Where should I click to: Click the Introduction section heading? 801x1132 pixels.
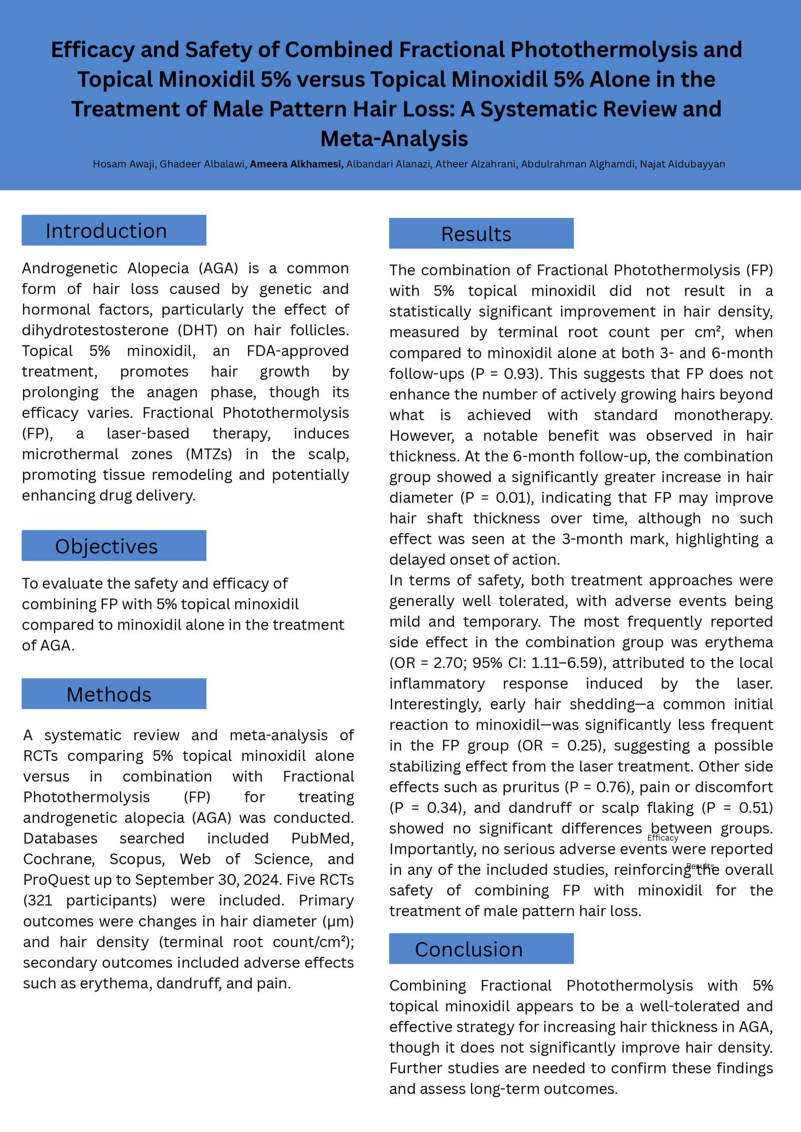pyautogui.click(x=106, y=231)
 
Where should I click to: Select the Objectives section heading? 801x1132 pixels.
pyautogui.click(x=106, y=546)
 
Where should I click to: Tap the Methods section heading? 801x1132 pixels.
pyautogui.click(x=108, y=694)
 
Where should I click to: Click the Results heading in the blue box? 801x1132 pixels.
pyautogui.click(x=476, y=234)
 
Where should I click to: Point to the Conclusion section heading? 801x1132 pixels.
pyautogui.click(x=468, y=949)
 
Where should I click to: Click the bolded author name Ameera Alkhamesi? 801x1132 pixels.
pyautogui.click(x=297, y=164)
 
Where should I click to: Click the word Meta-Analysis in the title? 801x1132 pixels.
pyautogui.click(x=394, y=138)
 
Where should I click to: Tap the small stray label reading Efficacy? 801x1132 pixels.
pyautogui.click(x=662, y=838)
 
